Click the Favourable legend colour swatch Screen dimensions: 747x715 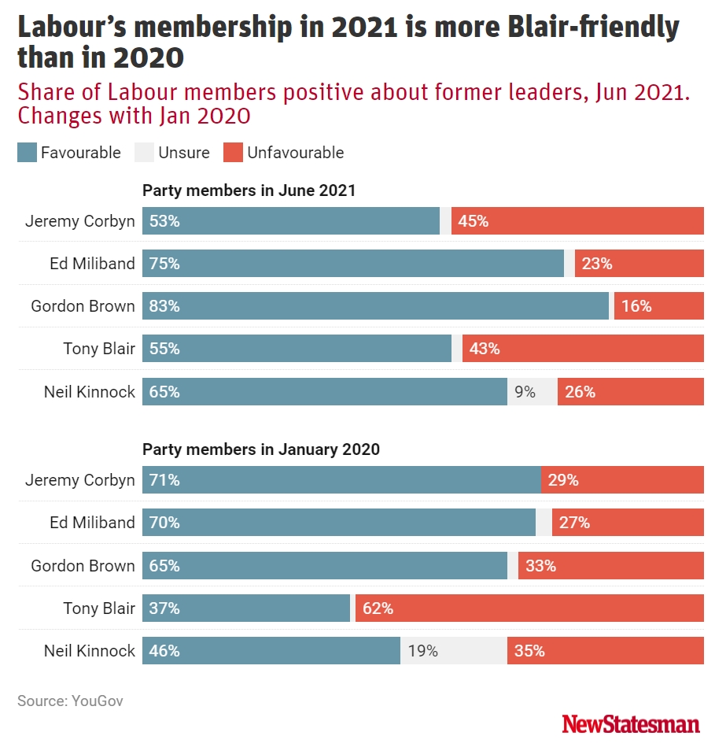tap(27, 153)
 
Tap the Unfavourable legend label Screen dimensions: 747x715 tap(295, 153)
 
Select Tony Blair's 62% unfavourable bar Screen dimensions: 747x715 tap(529, 608)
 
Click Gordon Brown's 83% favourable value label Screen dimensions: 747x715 tap(164, 306)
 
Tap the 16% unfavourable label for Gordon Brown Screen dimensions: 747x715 tap(636, 306)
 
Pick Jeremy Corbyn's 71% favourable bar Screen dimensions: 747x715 tap(341, 480)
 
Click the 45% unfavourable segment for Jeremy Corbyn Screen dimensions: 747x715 tap(577, 221)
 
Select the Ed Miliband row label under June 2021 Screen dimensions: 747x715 tap(92, 264)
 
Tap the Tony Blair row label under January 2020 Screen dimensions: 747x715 tap(99, 608)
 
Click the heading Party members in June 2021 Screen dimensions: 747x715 tap(249, 190)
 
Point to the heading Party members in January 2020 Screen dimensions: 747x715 tap(260, 449)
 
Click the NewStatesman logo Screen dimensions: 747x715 tap(631, 723)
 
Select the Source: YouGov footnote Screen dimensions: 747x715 tap(70, 701)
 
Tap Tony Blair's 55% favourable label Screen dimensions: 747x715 tap(164, 349)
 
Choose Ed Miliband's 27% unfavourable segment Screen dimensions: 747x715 tap(627, 523)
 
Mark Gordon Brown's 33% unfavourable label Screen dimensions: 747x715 tap(540, 566)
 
